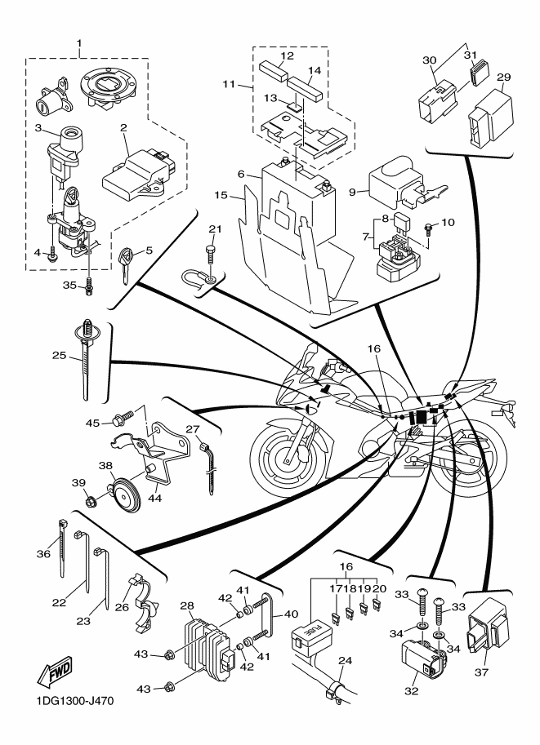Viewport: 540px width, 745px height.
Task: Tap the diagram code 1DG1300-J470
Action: click(x=74, y=701)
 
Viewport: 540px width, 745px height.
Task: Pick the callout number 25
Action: click(x=59, y=355)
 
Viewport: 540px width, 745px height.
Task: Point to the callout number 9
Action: click(x=352, y=192)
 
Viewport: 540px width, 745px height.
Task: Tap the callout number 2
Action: click(x=123, y=127)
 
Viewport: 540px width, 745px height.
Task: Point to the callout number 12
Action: click(x=287, y=55)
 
